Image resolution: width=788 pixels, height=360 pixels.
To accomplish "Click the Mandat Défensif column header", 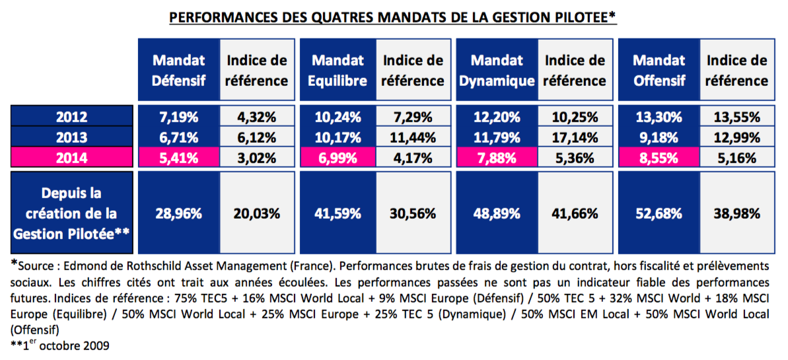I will click(178, 70).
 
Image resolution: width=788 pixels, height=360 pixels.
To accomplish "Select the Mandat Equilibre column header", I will click(338, 70).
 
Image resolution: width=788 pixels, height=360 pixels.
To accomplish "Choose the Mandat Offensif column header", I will click(659, 70).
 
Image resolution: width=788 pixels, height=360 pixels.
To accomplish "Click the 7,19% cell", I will click(178, 117).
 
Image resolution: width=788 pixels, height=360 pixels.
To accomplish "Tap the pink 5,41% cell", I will click(178, 158).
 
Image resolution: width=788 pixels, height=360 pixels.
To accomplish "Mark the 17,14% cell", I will click(575, 137).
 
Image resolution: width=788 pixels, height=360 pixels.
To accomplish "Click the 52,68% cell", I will click(659, 213).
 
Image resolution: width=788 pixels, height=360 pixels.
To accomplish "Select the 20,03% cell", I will click(257, 213).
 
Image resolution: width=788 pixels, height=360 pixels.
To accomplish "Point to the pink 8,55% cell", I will click(659, 158).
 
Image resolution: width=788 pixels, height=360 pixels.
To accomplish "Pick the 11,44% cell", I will click(413, 137).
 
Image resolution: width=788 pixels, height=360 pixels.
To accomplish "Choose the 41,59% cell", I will click(338, 213).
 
